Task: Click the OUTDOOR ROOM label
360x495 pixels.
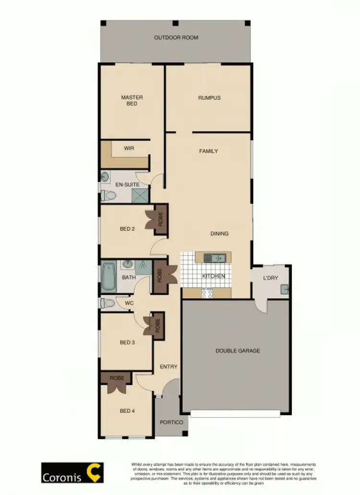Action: point(176,37)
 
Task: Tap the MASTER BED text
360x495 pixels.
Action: point(132,100)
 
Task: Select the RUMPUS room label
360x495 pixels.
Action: point(209,98)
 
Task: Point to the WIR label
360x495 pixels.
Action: point(129,148)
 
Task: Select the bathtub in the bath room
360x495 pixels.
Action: point(108,277)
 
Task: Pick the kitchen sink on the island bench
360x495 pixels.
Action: point(214,258)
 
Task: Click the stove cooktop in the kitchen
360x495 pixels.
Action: point(207,293)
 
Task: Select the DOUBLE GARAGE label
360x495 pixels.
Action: point(238,351)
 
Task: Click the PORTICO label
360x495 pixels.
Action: point(171,422)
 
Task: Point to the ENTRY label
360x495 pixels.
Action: point(168,367)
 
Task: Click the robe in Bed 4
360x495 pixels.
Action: point(117,378)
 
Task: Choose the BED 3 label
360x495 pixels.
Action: point(127,342)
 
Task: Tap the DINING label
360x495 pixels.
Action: point(219,234)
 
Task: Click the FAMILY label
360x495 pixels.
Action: point(208,151)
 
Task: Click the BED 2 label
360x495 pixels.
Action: point(127,229)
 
